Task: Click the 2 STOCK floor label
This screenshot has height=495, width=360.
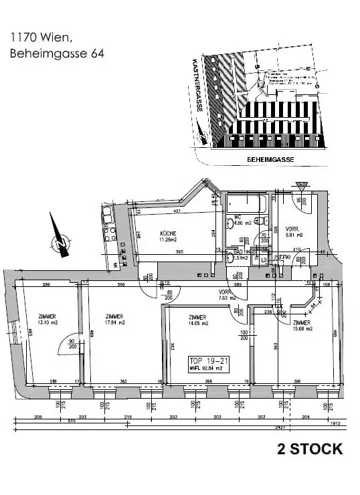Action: tap(310, 449)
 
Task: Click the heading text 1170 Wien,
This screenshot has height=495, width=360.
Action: tap(38, 38)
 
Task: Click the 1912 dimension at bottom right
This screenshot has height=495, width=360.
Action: tap(335, 421)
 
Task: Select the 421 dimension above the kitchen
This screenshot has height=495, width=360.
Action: tap(178, 212)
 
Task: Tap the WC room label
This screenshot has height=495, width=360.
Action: tap(237, 217)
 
